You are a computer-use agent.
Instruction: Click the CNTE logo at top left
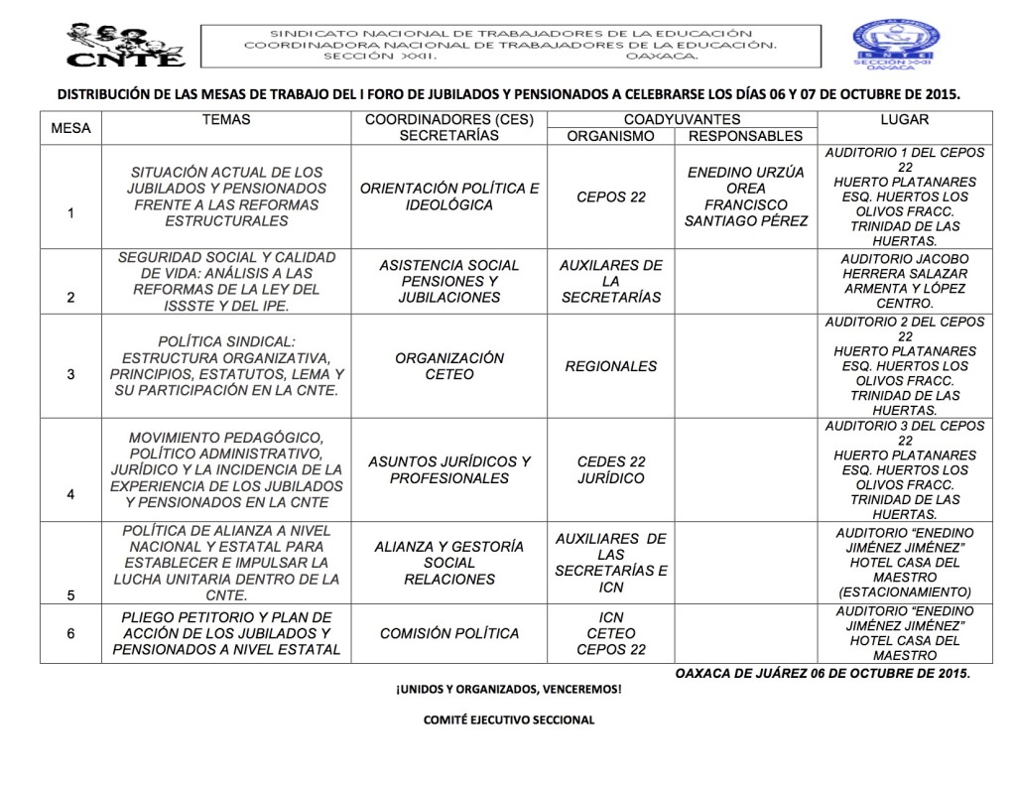(125, 45)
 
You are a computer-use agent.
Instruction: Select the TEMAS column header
(225, 120)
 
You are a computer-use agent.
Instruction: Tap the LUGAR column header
(904, 120)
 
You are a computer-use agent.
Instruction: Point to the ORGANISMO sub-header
(610, 136)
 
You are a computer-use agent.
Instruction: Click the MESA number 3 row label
(70, 374)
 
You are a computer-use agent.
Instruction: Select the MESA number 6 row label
(70, 633)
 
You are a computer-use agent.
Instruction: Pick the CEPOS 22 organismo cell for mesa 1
(610, 196)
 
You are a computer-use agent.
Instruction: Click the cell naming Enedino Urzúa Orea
(745, 196)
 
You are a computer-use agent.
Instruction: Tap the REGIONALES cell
(610, 366)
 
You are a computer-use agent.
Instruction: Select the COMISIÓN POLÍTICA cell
(448, 633)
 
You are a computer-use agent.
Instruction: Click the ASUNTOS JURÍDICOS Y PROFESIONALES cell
(448, 470)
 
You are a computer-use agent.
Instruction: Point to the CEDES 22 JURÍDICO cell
(610, 470)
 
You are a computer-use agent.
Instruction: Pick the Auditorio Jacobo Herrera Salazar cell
(904, 281)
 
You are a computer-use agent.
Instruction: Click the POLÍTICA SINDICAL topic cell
(225, 366)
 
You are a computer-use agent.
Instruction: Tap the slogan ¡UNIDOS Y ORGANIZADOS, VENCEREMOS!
(508, 689)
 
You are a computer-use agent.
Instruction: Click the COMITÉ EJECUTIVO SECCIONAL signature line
(508, 720)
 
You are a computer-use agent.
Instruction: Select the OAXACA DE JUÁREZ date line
(822, 673)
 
